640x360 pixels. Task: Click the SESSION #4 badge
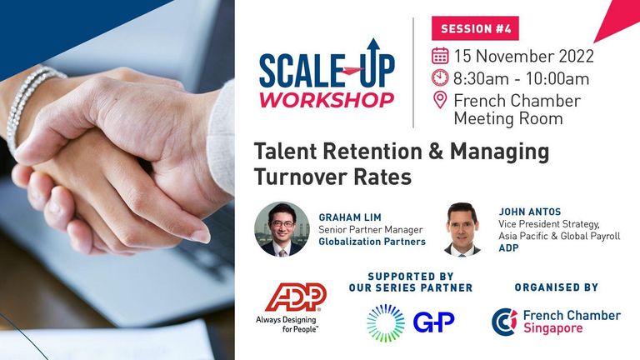click(x=475, y=28)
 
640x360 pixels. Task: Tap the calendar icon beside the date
click(x=440, y=56)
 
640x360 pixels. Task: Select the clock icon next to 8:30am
click(x=440, y=77)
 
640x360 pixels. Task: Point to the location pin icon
click(x=440, y=100)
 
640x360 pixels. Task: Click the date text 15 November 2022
click(x=524, y=56)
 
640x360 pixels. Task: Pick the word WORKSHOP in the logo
click(x=327, y=100)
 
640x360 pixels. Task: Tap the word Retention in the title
click(x=372, y=152)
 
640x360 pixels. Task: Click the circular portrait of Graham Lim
click(x=282, y=229)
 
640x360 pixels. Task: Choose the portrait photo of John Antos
click(x=462, y=229)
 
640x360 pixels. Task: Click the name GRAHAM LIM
click(x=350, y=217)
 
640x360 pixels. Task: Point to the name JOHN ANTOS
click(x=530, y=212)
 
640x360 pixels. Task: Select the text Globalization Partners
click(x=372, y=242)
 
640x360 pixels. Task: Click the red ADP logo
click(x=296, y=297)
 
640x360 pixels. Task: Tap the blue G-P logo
click(x=433, y=322)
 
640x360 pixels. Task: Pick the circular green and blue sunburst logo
click(x=386, y=322)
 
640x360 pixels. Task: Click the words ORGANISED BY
click(x=557, y=287)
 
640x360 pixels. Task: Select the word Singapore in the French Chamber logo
click(x=552, y=328)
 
